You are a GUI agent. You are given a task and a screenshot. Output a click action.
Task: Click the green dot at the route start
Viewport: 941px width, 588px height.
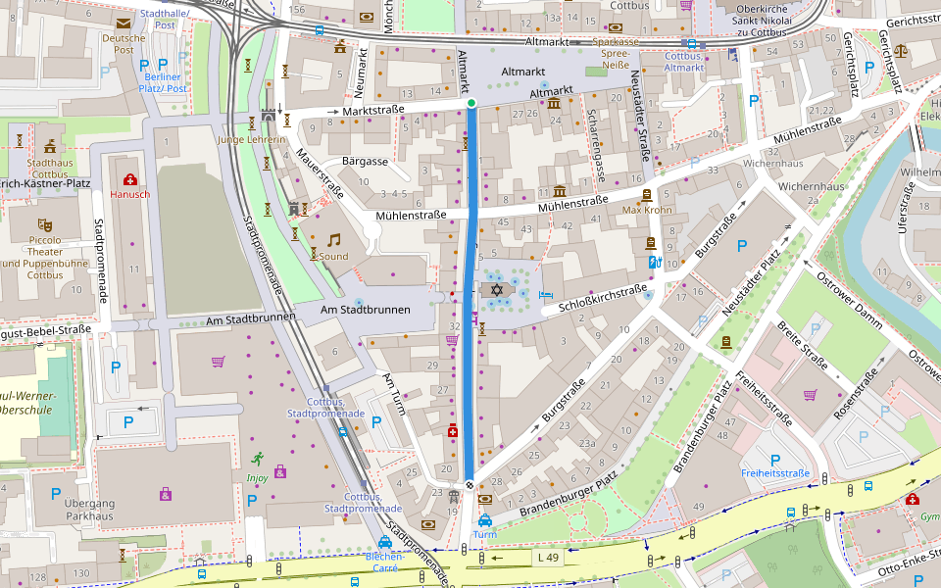point(470,103)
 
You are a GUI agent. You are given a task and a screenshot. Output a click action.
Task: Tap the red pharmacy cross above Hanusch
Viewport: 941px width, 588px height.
point(129,179)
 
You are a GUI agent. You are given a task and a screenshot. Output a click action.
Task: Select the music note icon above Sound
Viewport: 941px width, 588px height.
point(333,239)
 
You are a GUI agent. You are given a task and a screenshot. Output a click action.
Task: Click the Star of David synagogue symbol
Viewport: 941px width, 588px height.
point(496,290)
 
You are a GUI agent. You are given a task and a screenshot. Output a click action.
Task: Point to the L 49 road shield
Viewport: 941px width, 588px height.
point(550,557)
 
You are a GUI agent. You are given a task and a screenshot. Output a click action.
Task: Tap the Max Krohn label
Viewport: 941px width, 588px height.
point(647,210)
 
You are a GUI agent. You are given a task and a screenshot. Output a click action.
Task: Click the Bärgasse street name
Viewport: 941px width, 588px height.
point(360,161)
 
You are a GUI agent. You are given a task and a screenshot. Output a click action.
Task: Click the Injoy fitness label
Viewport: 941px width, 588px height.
point(257,478)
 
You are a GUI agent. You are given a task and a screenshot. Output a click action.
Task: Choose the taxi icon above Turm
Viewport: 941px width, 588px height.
point(484,519)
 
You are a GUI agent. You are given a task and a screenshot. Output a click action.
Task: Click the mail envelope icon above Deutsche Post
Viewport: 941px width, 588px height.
point(124,24)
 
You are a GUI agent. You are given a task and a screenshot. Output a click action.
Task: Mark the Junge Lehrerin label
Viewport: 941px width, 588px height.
point(251,139)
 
